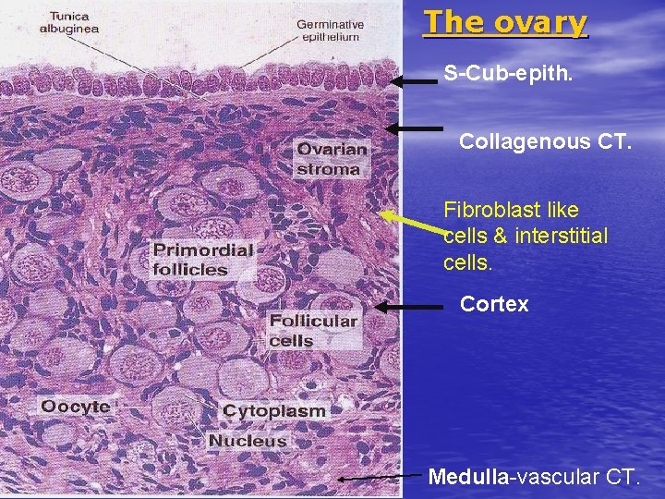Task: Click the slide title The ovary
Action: (x=504, y=22)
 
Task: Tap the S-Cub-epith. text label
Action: (x=508, y=72)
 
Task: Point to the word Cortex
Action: (x=494, y=304)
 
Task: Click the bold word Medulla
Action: (x=468, y=477)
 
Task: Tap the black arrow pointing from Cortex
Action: (x=412, y=306)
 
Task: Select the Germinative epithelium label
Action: (x=330, y=30)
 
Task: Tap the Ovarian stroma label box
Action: (x=331, y=158)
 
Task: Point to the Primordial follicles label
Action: (x=202, y=260)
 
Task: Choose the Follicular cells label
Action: (x=312, y=330)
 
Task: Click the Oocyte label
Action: (x=75, y=407)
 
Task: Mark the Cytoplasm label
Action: (x=274, y=411)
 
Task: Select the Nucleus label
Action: (x=247, y=441)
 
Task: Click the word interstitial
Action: (x=562, y=237)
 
